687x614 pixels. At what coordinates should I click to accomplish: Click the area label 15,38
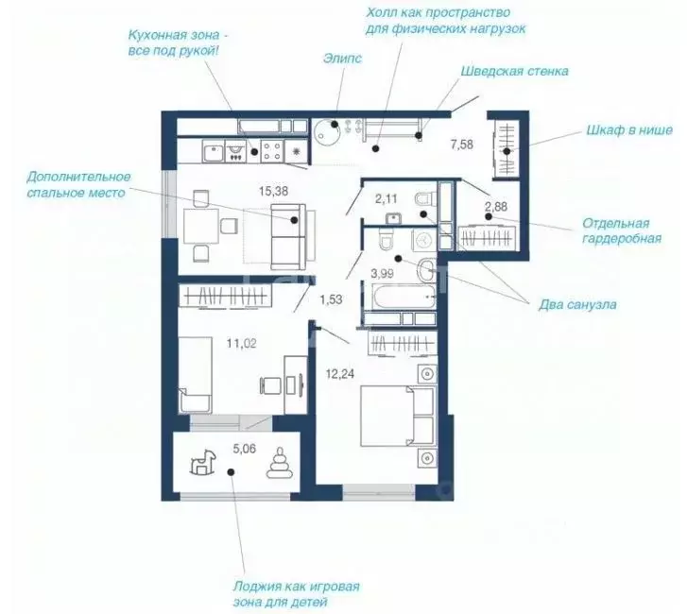pos(273,192)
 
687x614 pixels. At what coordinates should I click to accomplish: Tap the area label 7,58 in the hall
pos(462,145)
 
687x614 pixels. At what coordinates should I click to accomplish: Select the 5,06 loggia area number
pos(245,449)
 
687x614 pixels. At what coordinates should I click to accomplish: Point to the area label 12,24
pos(340,373)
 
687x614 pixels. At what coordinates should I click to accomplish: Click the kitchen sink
pos(214,151)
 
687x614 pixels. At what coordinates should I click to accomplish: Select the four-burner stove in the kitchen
pos(271,151)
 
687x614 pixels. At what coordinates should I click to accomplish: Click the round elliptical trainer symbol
pos(326,132)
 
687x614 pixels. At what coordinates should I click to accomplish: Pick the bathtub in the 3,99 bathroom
pos(403,297)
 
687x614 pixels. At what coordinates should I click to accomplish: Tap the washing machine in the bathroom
pos(422,241)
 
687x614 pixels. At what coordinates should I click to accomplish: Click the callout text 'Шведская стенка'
pos(514,72)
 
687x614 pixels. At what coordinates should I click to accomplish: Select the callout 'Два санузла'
pos(577,305)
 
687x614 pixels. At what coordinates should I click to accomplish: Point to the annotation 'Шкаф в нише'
pos(629,130)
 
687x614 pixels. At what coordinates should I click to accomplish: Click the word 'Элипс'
pos(343,59)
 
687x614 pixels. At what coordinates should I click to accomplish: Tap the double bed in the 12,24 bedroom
pos(398,416)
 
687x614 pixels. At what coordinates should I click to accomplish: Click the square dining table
pos(200,226)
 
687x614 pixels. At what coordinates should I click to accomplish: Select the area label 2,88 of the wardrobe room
pos(496,206)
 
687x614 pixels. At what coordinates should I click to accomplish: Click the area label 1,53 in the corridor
pos(331,300)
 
